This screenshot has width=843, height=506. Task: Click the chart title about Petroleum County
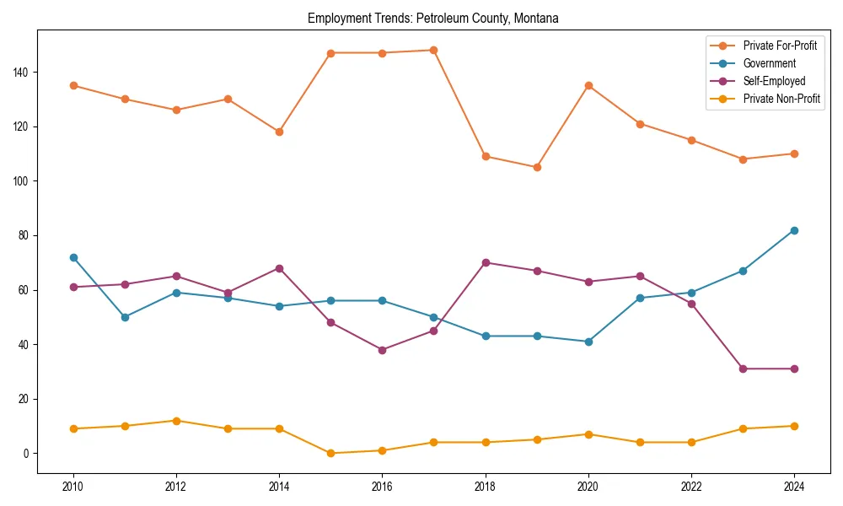[433, 18]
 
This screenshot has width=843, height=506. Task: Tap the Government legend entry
[769, 63]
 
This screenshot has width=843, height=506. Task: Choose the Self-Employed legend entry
[774, 81]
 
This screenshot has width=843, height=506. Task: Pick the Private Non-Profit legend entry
[781, 99]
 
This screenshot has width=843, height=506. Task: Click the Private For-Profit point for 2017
[433, 50]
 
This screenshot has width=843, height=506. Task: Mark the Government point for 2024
[793, 230]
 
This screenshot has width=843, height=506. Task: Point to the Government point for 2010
[73, 257]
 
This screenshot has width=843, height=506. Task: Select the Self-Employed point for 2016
[382, 350]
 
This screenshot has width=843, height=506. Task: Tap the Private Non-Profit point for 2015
[330, 453]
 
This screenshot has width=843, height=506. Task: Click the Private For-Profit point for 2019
[536, 167]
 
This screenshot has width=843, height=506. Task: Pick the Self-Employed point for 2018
[485, 262]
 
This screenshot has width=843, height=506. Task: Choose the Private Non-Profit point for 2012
[176, 421]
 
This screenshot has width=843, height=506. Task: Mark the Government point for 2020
[588, 342]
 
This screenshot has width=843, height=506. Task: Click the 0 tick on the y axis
[28, 454]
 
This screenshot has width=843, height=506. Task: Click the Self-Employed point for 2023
[742, 369]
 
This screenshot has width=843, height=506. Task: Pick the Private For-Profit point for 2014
[279, 132]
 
